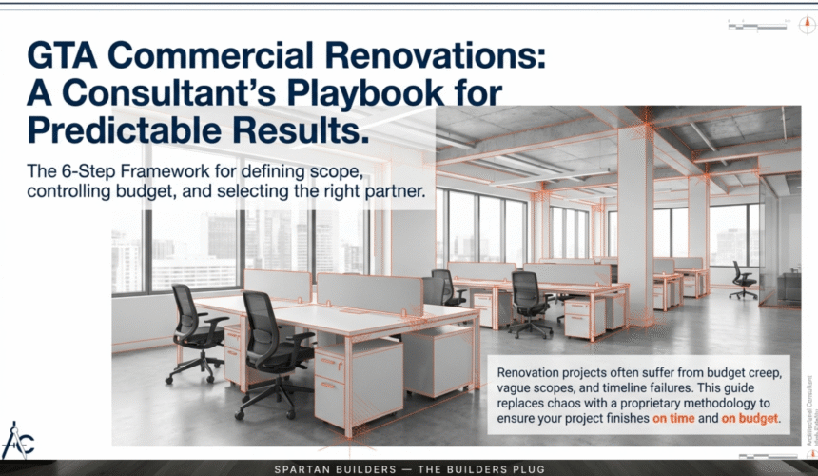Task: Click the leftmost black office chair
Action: [195, 332]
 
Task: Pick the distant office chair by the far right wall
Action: [743, 280]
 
